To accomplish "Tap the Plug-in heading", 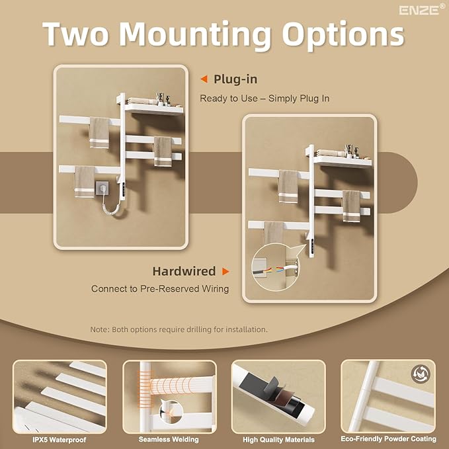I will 235,79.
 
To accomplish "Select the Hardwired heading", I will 184,271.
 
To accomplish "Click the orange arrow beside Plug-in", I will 204,79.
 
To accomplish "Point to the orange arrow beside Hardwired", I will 226,271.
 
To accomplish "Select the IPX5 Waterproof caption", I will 60,439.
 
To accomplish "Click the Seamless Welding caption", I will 169,439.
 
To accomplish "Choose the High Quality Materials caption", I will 278,439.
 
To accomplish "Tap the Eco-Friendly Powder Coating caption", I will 388,439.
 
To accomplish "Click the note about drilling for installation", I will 179,329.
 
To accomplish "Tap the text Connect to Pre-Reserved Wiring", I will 161,289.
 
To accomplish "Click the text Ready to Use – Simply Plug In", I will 265,99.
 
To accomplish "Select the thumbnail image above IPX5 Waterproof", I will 60,396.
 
